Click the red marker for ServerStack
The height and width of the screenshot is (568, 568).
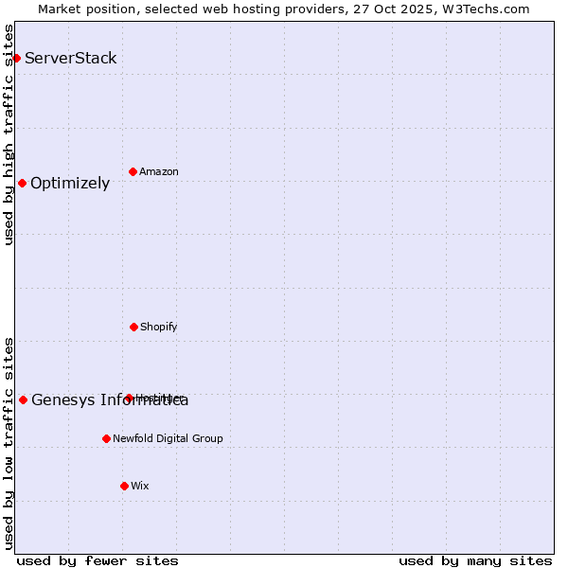click(16, 59)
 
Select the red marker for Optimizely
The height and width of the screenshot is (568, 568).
click(22, 183)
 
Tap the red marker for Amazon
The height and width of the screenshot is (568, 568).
click(133, 171)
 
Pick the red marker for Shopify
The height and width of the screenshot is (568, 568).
click(133, 327)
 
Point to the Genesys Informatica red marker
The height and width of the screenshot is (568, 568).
click(23, 399)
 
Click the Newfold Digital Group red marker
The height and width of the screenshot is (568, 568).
click(106, 438)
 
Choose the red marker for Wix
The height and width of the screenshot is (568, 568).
click(124, 486)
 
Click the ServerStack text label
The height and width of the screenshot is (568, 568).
click(71, 59)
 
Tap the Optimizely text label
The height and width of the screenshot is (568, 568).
click(70, 184)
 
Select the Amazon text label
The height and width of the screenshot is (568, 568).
click(159, 171)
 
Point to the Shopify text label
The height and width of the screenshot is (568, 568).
click(159, 327)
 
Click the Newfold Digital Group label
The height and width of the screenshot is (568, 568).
click(168, 438)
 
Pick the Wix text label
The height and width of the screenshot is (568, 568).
click(140, 486)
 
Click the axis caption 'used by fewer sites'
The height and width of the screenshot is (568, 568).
click(98, 560)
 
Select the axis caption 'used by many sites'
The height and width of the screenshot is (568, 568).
click(475, 560)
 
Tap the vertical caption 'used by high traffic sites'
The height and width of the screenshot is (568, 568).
click(9, 134)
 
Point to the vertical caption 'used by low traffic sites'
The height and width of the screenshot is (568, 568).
click(9, 443)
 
